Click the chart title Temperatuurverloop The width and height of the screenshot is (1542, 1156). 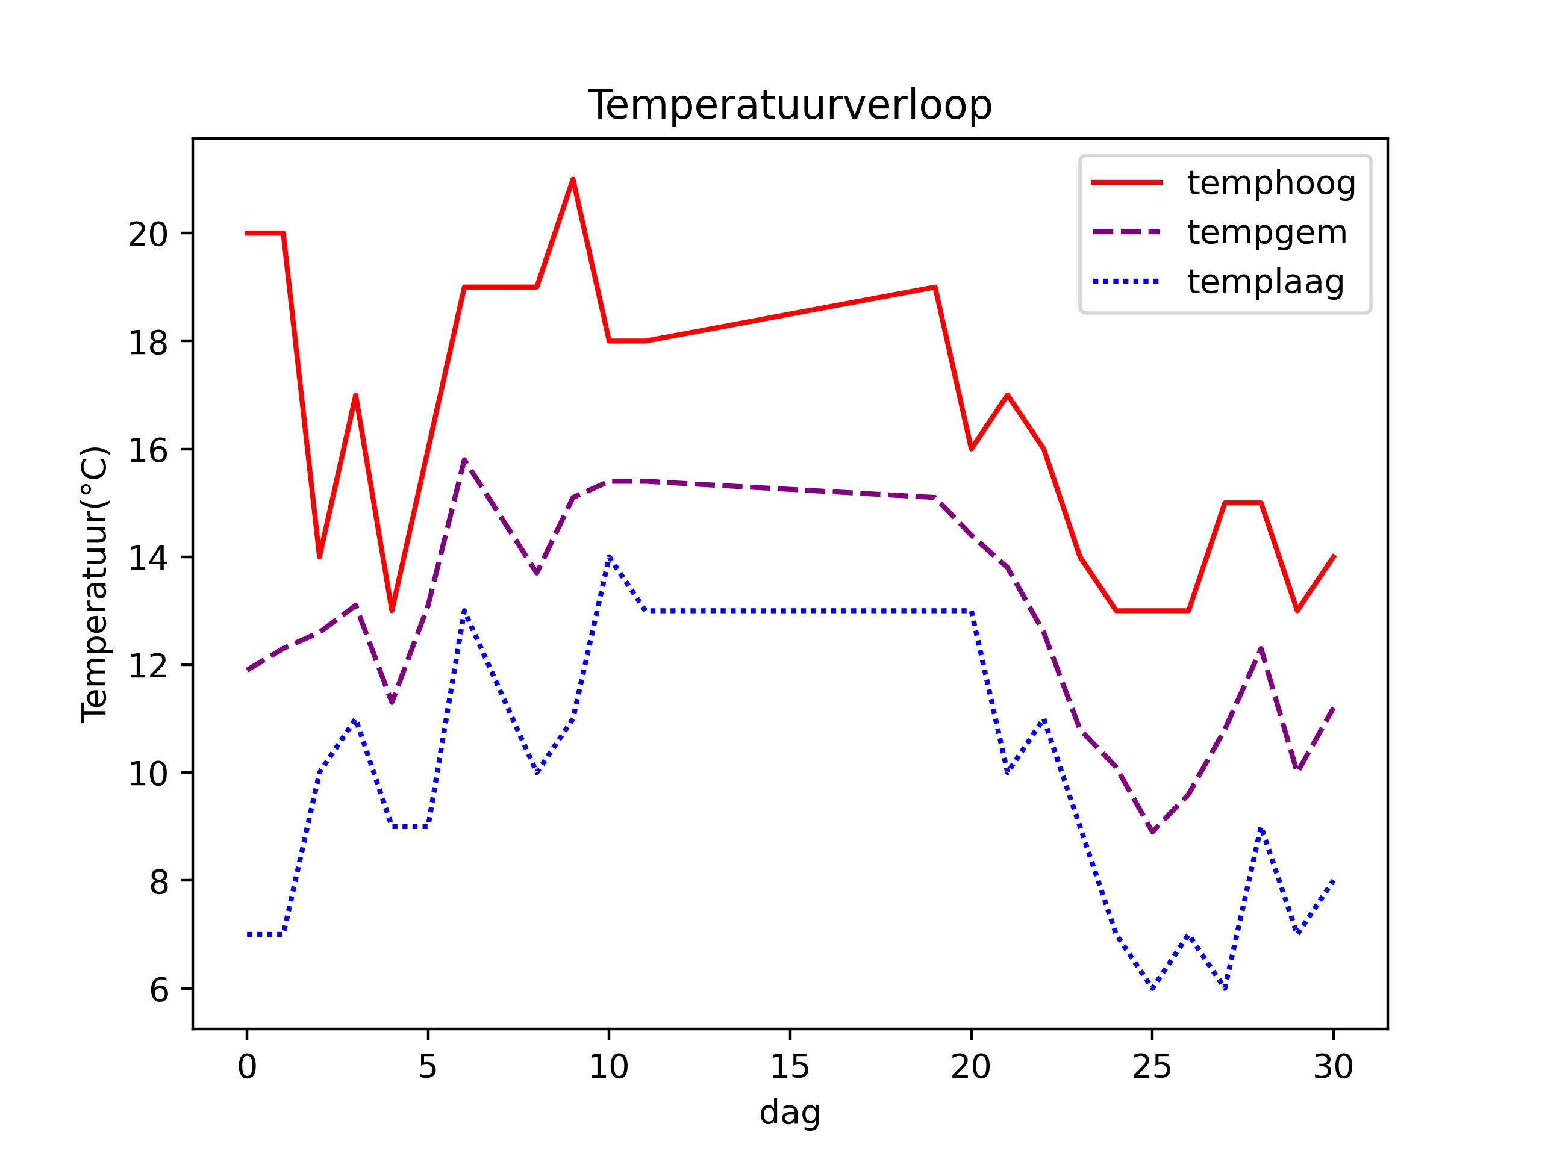pos(789,106)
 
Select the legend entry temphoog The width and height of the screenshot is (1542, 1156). pos(1271,183)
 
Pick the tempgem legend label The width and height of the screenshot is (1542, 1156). pos(1267,233)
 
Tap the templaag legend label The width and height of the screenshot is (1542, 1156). pos(1266,282)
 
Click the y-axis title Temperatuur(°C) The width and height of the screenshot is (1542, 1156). pos(95,584)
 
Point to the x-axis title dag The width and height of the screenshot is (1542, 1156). pos(789,1112)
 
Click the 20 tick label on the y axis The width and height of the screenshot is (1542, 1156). pos(148,234)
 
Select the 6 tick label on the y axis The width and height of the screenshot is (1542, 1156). pos(159,989)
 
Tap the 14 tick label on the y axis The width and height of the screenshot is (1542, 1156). pos(148,558)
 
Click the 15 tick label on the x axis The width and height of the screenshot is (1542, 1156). pos(789,1067)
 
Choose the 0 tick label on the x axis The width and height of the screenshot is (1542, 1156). pos(247,1067)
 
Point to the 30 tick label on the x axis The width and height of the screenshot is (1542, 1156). pos(1333,1067)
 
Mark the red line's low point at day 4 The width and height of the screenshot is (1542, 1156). pos(392,611)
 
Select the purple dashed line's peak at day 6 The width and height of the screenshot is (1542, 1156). pos(464,460)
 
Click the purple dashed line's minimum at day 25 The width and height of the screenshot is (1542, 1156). pos(1152,832)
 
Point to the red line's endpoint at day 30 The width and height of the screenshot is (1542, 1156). pos(1333,556)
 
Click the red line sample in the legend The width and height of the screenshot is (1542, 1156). pos(1126,182)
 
